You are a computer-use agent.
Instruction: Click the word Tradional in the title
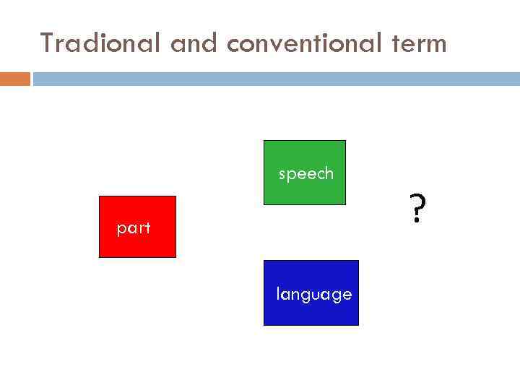[x=102, y=43]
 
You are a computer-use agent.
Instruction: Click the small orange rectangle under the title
[x=14, y=78]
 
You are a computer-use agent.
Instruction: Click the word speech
[x=306, y=174]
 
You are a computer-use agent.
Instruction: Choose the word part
[x=134, y=229]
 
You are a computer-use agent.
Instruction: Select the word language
[x=314, y=295]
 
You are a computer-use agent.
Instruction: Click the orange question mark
[x=417, y=207]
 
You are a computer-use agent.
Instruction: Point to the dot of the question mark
[x=416, y=221]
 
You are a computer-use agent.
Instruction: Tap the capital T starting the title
[x=47, y=43]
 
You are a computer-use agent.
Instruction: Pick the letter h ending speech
[x=329, y=173]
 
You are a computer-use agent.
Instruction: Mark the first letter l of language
[x=278, y=293]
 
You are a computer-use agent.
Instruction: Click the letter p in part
[x=121, y=230]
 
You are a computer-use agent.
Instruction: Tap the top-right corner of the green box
[x=345, y=141]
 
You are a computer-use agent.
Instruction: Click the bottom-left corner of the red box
[x=100, y=257]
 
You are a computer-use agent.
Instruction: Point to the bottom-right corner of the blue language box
[x=358, y=325]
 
